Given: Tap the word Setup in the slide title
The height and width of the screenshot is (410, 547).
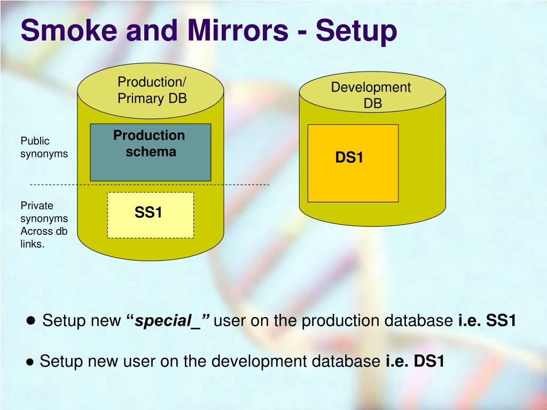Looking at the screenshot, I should pos(356,30).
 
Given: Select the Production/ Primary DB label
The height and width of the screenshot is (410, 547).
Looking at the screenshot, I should pos(152,90).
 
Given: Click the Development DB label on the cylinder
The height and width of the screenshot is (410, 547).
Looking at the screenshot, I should pos(371,95).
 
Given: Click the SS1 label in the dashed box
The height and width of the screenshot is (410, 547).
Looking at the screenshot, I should pos(149,213).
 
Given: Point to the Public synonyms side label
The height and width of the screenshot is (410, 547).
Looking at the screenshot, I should pos(44,147).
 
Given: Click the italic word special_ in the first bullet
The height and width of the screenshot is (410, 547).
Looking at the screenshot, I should pos(170,321).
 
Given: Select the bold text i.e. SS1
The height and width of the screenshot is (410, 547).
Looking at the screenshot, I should pos(487,321).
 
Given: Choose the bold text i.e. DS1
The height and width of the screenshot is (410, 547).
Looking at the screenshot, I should pos(415,361).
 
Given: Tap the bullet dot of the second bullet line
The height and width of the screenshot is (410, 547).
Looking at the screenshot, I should pos(30,362).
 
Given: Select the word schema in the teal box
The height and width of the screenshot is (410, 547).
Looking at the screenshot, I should pos(151,152).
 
